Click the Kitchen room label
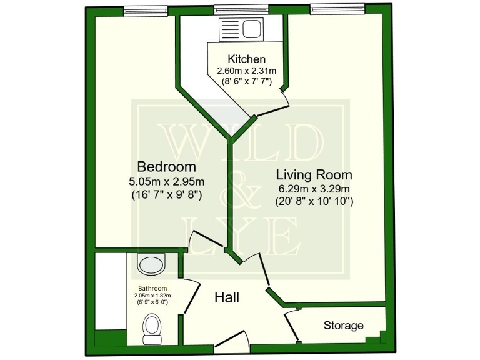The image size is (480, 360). (x=242, y=59)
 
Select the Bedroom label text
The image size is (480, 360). (x=166, y=167)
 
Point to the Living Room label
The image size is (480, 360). (x=315, y=174)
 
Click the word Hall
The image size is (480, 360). (x=227, y=297)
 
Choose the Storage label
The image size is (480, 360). (x=343, y=326)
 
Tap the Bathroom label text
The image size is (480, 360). (x=153, y=288)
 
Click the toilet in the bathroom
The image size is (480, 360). (x=152, y=327)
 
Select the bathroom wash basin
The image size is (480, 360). (x=152, y=264)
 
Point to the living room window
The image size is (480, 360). (x=337, y=9)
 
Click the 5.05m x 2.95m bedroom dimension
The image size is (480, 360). (x=166, y=182)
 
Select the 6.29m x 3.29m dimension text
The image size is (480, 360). (x=314, y=189)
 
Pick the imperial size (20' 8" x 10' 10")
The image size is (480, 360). (x=314, y=201)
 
